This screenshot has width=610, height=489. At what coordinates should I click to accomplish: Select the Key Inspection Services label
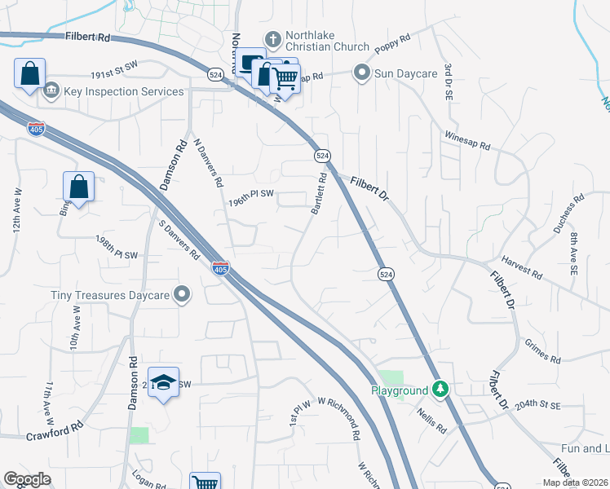click(123, 91)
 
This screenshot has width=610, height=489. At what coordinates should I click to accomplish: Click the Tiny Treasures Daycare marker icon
click(183, 294)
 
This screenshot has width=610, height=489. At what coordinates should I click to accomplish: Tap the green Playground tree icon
click(440, 390)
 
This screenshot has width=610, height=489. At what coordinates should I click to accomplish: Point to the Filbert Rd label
click(89, 37)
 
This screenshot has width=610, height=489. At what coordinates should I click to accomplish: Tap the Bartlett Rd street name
click(318, 194)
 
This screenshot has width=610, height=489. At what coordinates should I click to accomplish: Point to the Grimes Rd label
click(543, 353)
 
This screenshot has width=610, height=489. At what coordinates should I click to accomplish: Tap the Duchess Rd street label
click(568, 214)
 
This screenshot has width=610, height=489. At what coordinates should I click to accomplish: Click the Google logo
click(27, 480)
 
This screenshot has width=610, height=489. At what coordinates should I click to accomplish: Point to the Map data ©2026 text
click(573, 482)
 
